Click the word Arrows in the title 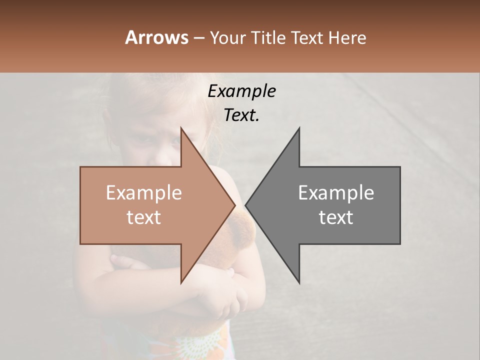coord(156,37)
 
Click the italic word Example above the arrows coord(241,91)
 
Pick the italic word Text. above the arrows coord(241,115)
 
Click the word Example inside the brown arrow coord(144,193)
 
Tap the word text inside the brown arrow coord(144,217)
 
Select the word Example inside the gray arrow coord(336,193)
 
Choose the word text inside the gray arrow coord(336,217)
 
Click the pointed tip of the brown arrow coord(234,205)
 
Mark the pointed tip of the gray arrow coord(246,205)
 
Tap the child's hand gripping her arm coord(233,295)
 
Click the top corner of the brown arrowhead coord(181,128)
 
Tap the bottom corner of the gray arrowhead coord(299,283)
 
